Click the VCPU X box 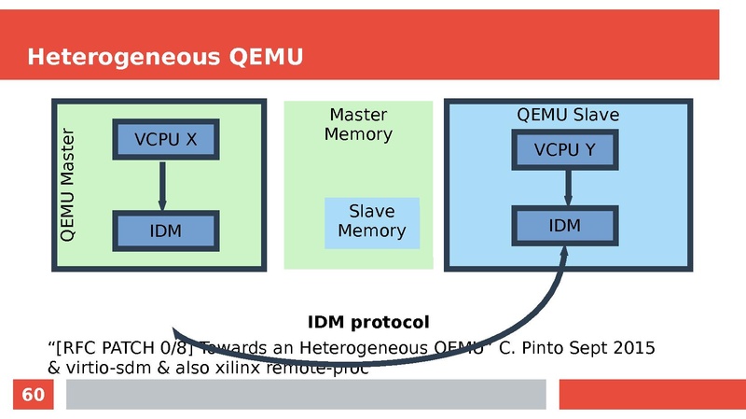165,140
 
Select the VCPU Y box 564,150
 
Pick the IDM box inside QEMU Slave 564,226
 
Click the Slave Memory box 371,222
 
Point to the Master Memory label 358,124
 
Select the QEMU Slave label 568,115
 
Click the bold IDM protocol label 368,323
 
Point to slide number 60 33,396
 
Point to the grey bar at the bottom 305,395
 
